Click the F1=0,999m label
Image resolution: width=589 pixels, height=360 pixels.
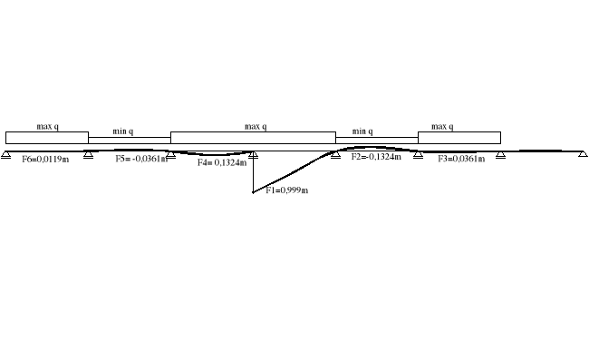[x=286, y=190]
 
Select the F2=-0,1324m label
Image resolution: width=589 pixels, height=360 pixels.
[x=375, y=157]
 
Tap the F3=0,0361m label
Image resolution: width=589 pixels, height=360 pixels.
[x=461, y=159]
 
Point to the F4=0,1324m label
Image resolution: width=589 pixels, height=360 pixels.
[x=222, y=163]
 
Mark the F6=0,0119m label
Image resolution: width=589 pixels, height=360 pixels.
[x=45, y=160]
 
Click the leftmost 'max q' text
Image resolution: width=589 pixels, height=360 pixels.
[x=48, y=127]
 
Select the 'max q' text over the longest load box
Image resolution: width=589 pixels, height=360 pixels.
[x=256, y=127]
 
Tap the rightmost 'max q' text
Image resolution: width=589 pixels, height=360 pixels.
[x=442, y=127]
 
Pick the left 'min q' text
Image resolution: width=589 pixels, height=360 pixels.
[x=123, y=131]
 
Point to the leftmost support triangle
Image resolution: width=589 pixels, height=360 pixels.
[x=6, y=155]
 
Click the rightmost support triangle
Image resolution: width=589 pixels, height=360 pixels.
[x=583, y=155]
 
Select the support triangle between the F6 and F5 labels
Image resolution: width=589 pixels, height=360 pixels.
[x=88, y=155]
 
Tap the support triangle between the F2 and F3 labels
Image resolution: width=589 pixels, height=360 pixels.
[x=418, y=155]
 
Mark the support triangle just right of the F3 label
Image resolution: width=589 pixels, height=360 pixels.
[x=500, y=155]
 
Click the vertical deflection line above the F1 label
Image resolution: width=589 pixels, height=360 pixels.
[x=253, y=172]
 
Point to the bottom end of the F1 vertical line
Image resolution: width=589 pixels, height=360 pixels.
[x=253, y=192]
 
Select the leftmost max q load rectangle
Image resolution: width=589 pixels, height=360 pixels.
[x=47, y=138]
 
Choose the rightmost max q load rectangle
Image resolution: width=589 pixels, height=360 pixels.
[x=459, y=138]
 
